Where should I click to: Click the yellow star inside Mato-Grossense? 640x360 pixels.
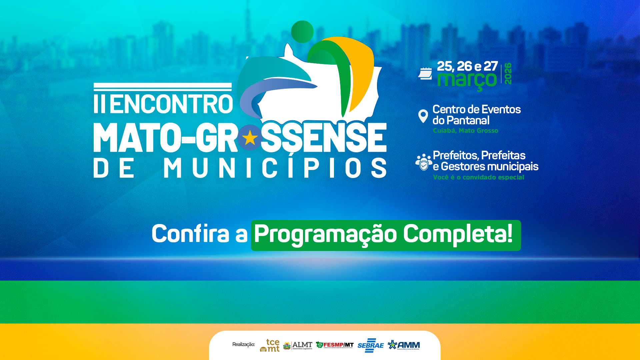250,138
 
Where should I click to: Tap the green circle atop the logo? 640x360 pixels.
302,32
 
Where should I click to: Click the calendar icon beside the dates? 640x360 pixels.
425,73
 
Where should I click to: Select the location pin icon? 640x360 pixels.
423,116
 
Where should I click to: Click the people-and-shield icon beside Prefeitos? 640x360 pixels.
423,162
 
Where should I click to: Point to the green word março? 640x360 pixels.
467,80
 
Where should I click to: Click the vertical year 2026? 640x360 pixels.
508,74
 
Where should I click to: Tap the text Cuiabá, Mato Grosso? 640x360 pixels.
465,131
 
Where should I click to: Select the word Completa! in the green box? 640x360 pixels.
458,234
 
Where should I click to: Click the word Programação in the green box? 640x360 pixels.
325,234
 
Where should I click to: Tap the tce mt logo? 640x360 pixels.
270,345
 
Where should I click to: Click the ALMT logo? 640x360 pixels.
298,346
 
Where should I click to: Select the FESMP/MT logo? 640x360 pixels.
335,345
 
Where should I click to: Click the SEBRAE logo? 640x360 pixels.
370,346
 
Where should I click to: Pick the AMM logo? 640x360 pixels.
404,345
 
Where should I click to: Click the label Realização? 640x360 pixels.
243,344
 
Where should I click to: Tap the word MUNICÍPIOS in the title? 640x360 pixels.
275,168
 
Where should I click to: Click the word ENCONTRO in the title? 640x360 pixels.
171,104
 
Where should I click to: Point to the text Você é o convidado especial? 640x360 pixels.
478,177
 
